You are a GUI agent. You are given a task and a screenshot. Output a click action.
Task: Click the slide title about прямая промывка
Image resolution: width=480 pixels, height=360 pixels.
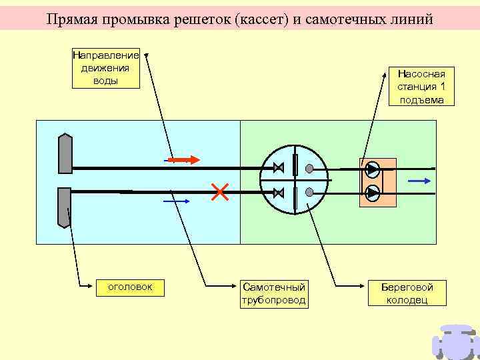(239, 19)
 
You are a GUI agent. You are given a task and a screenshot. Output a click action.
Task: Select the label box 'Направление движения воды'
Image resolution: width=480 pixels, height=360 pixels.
(105, 68)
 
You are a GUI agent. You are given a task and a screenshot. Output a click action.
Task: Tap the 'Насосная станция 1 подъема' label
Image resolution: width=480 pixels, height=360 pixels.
(421, 87)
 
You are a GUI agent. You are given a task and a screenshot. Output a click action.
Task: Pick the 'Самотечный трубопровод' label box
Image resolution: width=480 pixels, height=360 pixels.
(274, 293)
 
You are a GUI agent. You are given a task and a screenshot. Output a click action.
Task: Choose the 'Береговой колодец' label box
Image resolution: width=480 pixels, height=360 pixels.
(407, 293)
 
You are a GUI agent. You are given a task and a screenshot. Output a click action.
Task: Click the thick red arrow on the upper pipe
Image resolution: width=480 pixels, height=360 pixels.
(183, 160)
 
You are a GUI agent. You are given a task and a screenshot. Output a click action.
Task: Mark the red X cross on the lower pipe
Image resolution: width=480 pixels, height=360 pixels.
(219, 192)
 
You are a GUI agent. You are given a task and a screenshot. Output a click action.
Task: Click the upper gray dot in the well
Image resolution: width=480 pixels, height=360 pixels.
(309, 167)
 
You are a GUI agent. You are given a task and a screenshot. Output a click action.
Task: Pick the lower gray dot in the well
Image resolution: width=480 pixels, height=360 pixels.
(309, 192)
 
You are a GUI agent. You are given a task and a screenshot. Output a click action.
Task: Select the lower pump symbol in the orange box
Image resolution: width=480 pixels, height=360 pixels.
(373, 193)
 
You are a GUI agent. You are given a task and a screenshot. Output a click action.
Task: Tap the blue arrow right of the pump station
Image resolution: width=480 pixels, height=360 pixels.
(418, 180)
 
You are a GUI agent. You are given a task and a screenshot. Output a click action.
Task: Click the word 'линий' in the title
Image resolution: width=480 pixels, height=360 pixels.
(411, 19)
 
